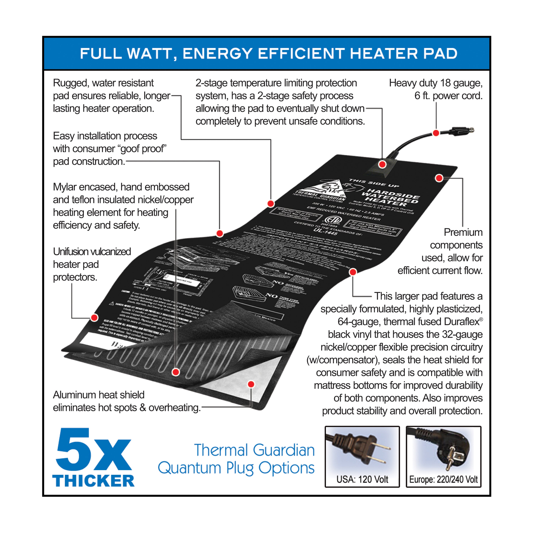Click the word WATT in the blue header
click(x=150, y=53)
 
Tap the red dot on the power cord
click(x=436, y=133)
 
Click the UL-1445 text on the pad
click(x=325, y=231)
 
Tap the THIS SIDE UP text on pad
click(x=374, y=183)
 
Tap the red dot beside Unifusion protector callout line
click(x=94, y=317)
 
